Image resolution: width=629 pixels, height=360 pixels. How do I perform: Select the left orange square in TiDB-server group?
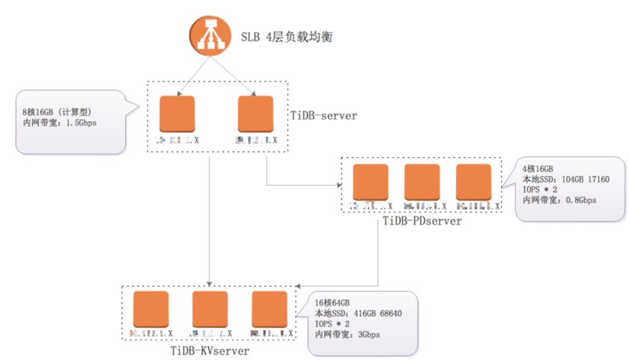177,115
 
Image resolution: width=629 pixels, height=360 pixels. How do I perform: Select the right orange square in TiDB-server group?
255,115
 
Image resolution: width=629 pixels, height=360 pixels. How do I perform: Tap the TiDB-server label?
324,116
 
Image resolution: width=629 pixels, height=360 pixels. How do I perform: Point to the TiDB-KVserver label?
210,350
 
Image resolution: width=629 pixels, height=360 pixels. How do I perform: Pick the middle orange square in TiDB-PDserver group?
422,182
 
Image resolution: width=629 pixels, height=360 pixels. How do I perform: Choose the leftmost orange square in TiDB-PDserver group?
371,182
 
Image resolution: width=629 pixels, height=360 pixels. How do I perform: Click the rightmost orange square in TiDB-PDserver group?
473,182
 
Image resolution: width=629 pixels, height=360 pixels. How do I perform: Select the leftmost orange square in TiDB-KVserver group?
151,309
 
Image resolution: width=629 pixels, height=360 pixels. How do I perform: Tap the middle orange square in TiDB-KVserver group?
210,309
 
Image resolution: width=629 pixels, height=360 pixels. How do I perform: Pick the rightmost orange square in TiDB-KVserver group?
270,309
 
